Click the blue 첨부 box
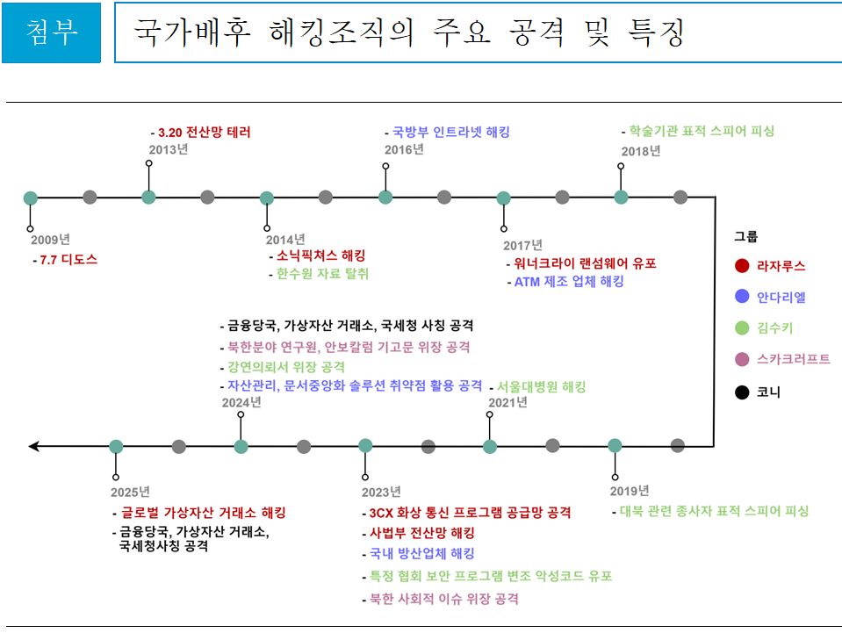click(x=51, y=33)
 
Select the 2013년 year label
click(x=168, y=149)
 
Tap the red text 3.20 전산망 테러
click(x=204, y=133)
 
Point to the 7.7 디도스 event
click(x=68, y=260)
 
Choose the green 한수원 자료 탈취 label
click(x=322, y=273)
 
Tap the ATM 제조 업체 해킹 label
click(x=570, y=282)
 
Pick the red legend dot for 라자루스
click(x=742, y=266)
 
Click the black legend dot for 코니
click(x=742, y=392)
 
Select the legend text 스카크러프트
click(x=793, y=359)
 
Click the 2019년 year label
click(x=630, y=490)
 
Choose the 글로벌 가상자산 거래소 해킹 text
click(x=203, y=513)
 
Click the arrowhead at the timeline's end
click(x=33, y=446)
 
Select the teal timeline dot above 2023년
click(x=366, y=446)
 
